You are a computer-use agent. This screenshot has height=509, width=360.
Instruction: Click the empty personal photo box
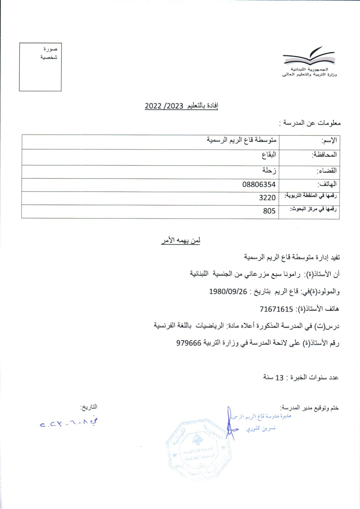[40, 67]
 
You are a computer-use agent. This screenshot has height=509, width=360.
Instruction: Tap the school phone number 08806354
[259, 185]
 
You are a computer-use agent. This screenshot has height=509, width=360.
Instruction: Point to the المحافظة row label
[324, 155]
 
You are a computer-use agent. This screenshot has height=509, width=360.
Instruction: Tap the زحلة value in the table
[269, 170]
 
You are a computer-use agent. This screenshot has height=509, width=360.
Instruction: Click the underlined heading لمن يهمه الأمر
[180, 241]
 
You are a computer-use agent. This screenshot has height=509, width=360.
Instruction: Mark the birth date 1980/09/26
[228, 291]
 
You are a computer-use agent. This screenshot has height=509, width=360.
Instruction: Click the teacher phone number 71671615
[276, 309]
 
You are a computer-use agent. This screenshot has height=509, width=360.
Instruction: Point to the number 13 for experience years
[279, 378]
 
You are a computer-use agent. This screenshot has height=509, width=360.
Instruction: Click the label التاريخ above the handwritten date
[89, 407]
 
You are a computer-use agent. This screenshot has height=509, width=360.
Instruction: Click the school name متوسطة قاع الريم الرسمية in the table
[242, 140]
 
